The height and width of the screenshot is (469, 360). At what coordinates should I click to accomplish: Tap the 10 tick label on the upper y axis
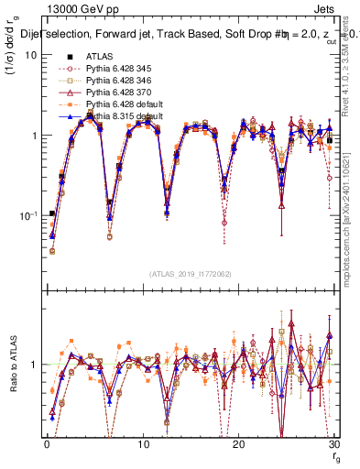[x=29, y=55]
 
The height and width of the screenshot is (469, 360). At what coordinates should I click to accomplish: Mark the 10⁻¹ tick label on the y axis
[x=27, y=215]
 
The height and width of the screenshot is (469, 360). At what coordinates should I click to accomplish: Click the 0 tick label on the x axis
[x=47, y=442]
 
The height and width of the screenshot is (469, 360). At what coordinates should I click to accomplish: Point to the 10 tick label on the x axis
[x=143, y=442]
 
